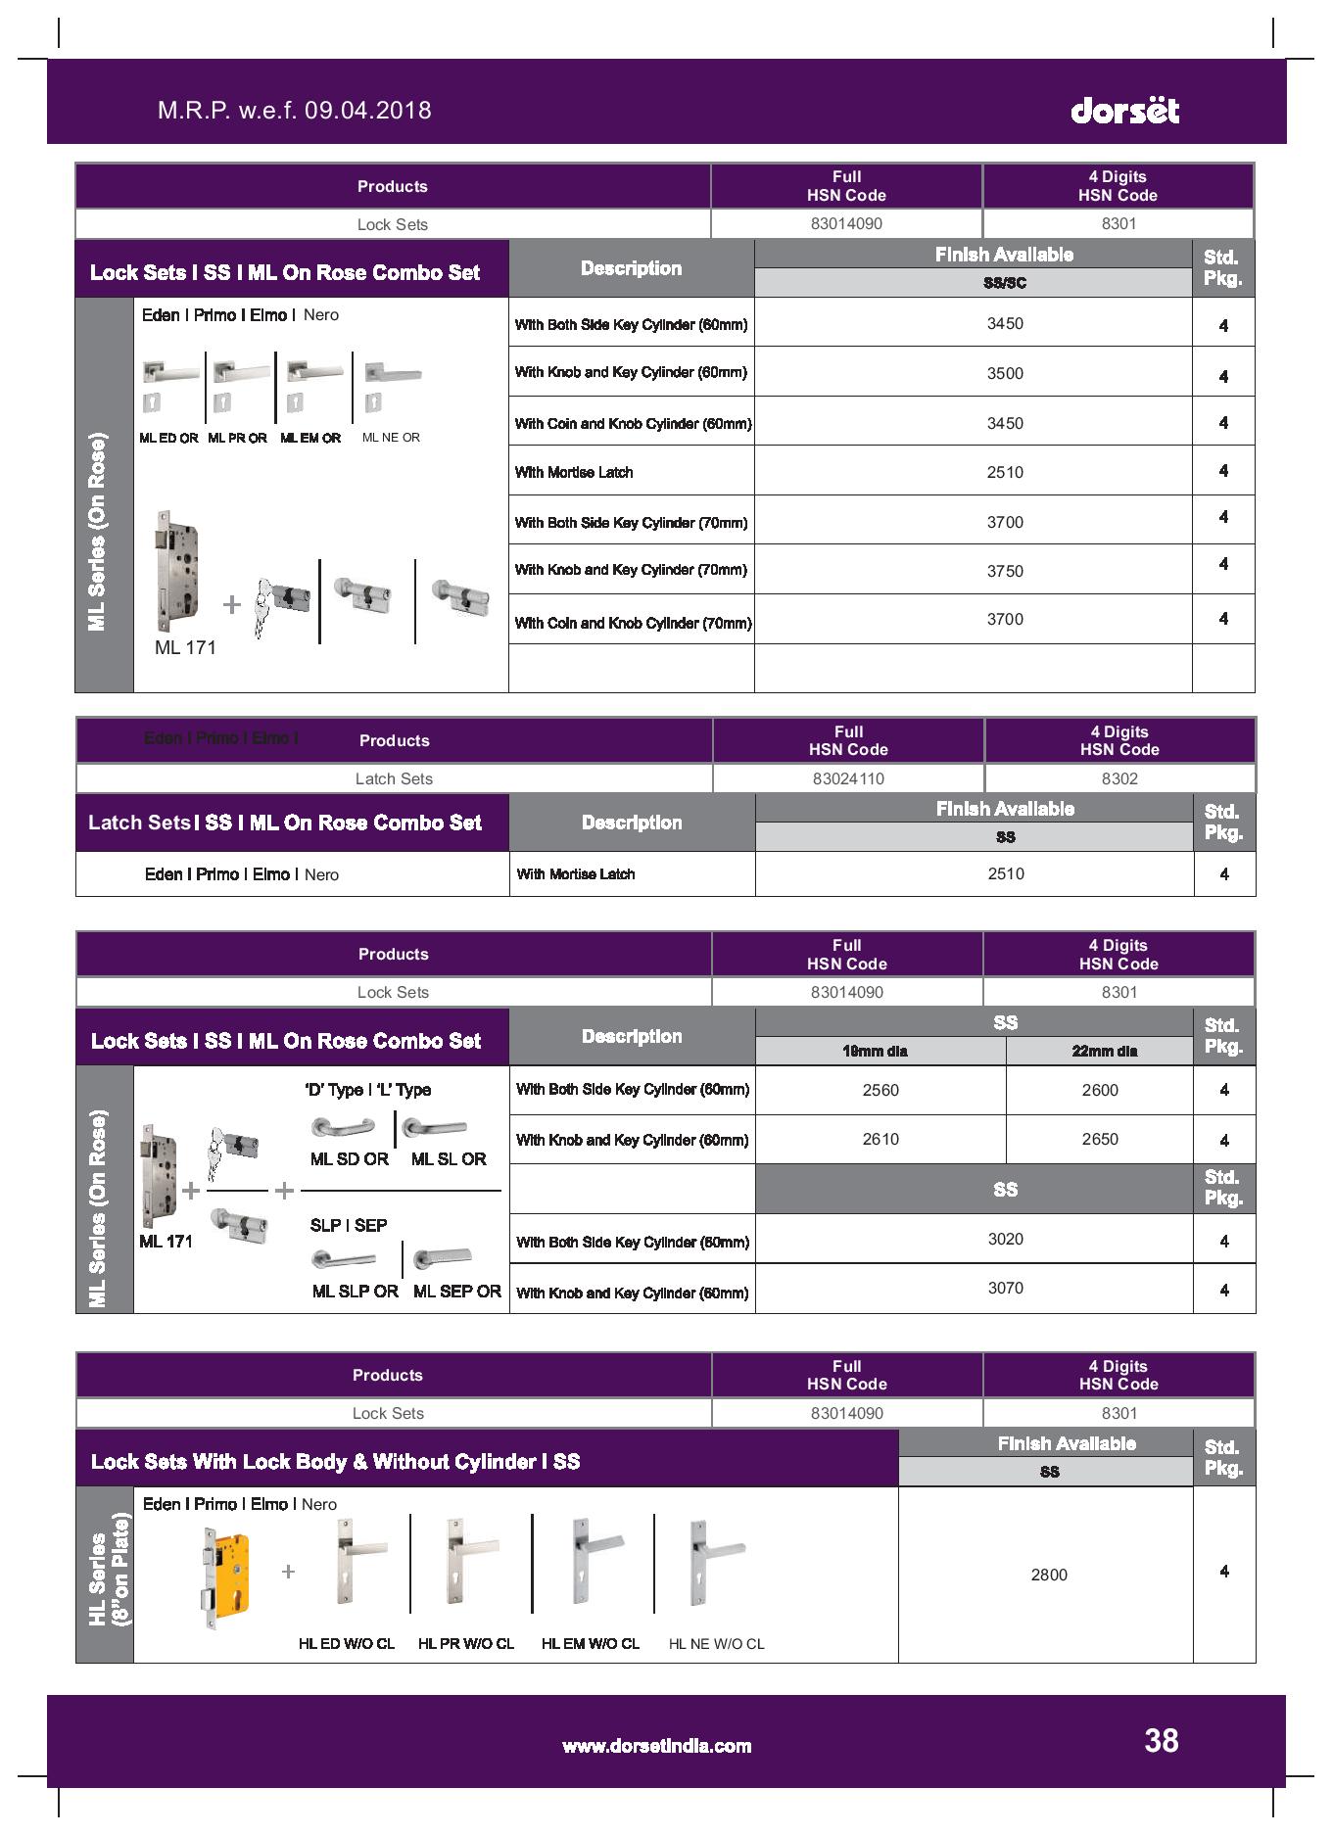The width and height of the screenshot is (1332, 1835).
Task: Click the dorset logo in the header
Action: pyautogui.click(x=1124, y=110)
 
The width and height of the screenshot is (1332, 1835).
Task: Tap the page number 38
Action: pyautogui.click(x=1161, y=1740)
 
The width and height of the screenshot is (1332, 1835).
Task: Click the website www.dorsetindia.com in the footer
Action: pyautogui.click(x=656, y=1746)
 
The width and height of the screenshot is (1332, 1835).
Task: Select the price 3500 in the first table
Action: pyautogui.click(x=1005, y=373)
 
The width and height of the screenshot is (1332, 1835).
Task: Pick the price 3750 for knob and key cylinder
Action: pyautogui.click(x=1005, y=571)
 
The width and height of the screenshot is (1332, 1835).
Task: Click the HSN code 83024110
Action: pyautogui.click(x=848, y=778)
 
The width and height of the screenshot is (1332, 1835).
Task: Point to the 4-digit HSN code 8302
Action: pyautogui.click(x=1119, y=778)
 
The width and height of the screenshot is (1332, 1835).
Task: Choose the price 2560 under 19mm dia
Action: pyautogui.click(x=880, y=1090)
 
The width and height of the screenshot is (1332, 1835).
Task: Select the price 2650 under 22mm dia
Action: pyautogui.click(x=1100, y=1139)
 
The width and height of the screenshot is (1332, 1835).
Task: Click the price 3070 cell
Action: pyautogui.click(x=1005, y=1288)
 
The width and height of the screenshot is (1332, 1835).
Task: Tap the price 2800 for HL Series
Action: pyautogui.click(x=1049, y=1575)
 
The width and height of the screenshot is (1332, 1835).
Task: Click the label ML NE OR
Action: pyautogui.click(x=391, y=438)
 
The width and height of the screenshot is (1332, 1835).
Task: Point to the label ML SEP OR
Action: pyautogui.click(x=456, y=1292)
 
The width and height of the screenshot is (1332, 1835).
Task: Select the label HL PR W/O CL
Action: pyautogui.click(x=466, y=1644)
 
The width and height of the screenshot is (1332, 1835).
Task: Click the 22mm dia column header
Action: pyautogui.click(x=1104, y=1051)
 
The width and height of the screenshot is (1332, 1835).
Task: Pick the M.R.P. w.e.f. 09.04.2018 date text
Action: pyautogui.click(x=294, y=110)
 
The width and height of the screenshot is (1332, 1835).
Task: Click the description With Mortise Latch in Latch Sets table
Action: pyautogui.click(x=576, y=874)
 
